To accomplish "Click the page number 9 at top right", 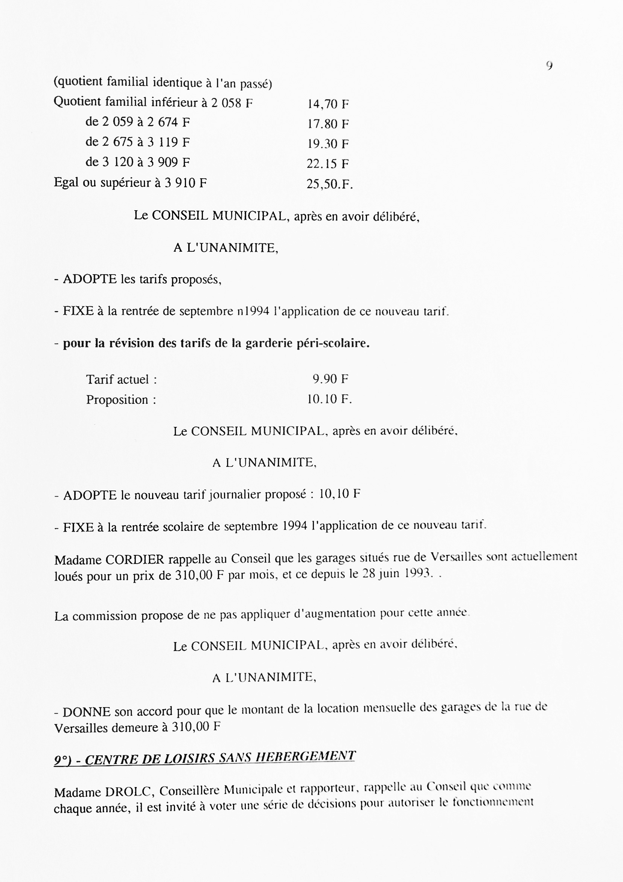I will point(549,66).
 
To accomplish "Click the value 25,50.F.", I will point(329,184).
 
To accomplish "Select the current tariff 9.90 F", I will point(330,379).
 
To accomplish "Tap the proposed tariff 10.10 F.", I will point(329,399).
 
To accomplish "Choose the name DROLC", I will point(129,792).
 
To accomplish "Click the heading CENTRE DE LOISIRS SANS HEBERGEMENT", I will point(220,759).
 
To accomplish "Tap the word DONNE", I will point(87,712).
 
